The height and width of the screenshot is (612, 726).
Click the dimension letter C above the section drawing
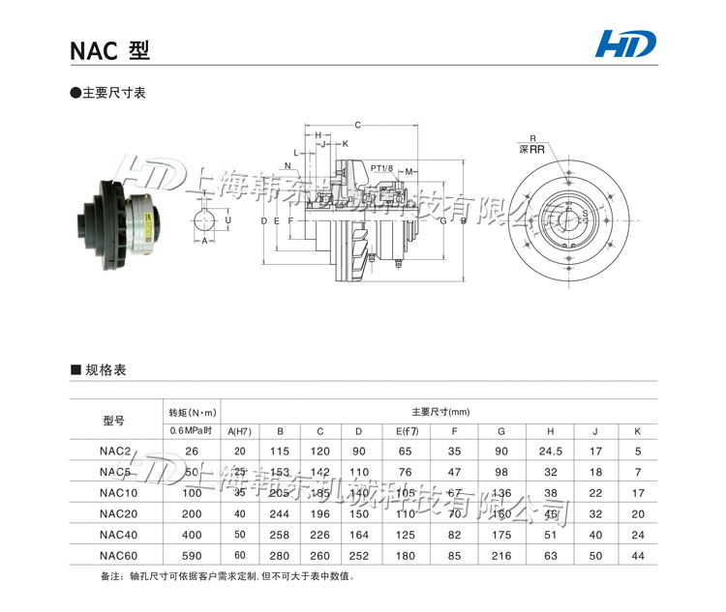(x=357, y=125)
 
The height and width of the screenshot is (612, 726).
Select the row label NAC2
(x=114, y=451)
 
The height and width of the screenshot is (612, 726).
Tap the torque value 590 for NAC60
(x=192, y=555)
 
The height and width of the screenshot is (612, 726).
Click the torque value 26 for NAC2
(x=192, y=451)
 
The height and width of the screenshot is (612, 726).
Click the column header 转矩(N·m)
(x=192, y=410)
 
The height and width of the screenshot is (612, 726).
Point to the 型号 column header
(x=113, y=420)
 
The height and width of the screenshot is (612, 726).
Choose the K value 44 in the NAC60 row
(x=637, y=555)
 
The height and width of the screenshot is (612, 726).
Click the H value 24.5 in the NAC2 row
(x=551, y=451)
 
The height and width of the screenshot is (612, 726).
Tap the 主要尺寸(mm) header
(x=439, y=410)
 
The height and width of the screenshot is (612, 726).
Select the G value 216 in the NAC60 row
(x=501, y=555)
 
